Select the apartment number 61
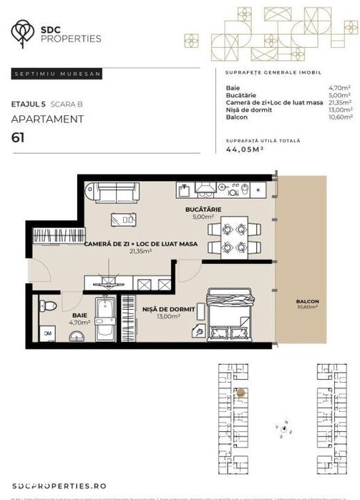[18, 138]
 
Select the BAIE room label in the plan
[79, 315]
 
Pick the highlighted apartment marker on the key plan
[241, 393]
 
